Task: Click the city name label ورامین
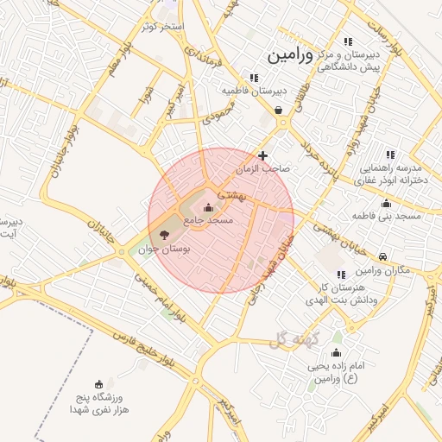point(296,55)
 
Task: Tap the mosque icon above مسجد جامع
point(208,207)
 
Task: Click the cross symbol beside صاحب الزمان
point(263,155)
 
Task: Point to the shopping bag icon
point(278,110)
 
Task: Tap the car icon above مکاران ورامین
point(383,256)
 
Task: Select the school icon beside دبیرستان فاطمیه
point(254,77)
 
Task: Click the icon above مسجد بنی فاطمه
point(385,203)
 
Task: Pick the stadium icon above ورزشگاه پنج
point(98,384)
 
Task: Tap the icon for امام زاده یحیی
point(336,353)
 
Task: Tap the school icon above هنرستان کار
point(341,274)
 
